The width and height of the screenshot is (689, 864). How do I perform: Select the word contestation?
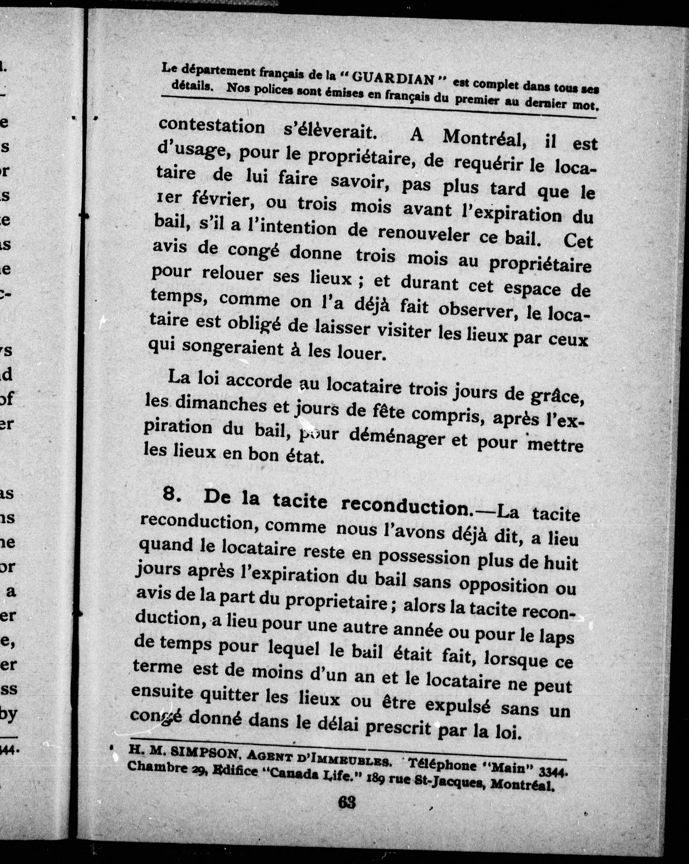[212, 126]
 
